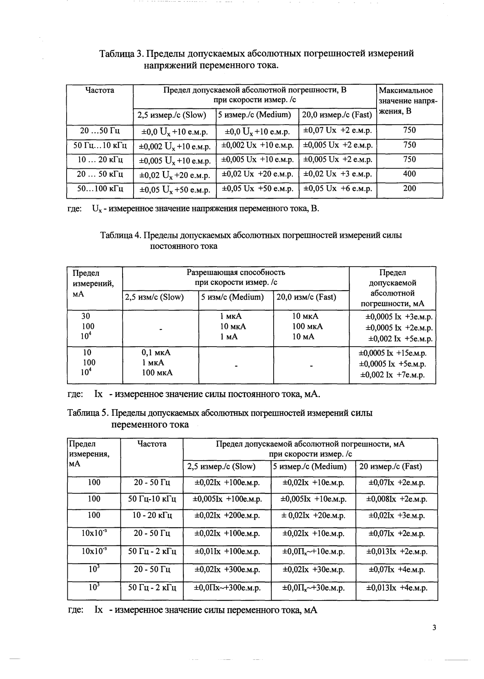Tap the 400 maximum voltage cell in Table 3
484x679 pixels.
click(409, 174)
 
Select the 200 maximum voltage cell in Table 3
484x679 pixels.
click(409, 188)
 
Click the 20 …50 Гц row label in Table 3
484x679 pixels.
click(100, 130)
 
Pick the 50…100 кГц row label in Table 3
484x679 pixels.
click(100, 188)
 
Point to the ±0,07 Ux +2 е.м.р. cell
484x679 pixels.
click(337, 130)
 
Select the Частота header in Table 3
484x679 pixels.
click(100, 90)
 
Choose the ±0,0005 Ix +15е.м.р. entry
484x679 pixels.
click(392, 353)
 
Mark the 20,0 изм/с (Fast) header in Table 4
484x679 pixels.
click(306, 297)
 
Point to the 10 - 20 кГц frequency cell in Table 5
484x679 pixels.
click(152, 515)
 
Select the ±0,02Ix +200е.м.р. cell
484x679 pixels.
click(227, 515)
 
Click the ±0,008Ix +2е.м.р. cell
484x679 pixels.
click(397, 499)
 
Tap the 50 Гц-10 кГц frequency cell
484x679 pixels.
click(152, 499)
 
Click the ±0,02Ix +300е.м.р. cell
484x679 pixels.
click(227, 569)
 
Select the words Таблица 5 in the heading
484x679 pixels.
click(87, 413)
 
